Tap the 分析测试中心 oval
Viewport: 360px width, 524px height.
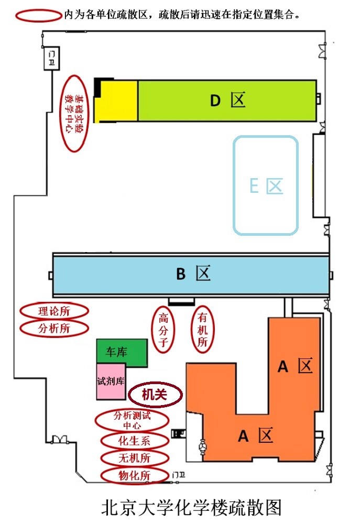[x=133, y=420]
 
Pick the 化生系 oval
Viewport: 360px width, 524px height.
[x=135, y=440]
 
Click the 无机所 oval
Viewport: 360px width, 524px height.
[x=135, y=457]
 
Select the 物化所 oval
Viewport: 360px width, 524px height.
[x=135, y=475]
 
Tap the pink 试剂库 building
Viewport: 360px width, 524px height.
[x=111, y=381]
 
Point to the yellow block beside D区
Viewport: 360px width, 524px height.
[x=116, y=101]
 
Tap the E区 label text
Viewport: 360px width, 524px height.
[x=266, y=185]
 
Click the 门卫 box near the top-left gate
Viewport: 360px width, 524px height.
[x=51, y=58]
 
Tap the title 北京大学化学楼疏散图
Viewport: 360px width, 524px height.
[x=191, y=507]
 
